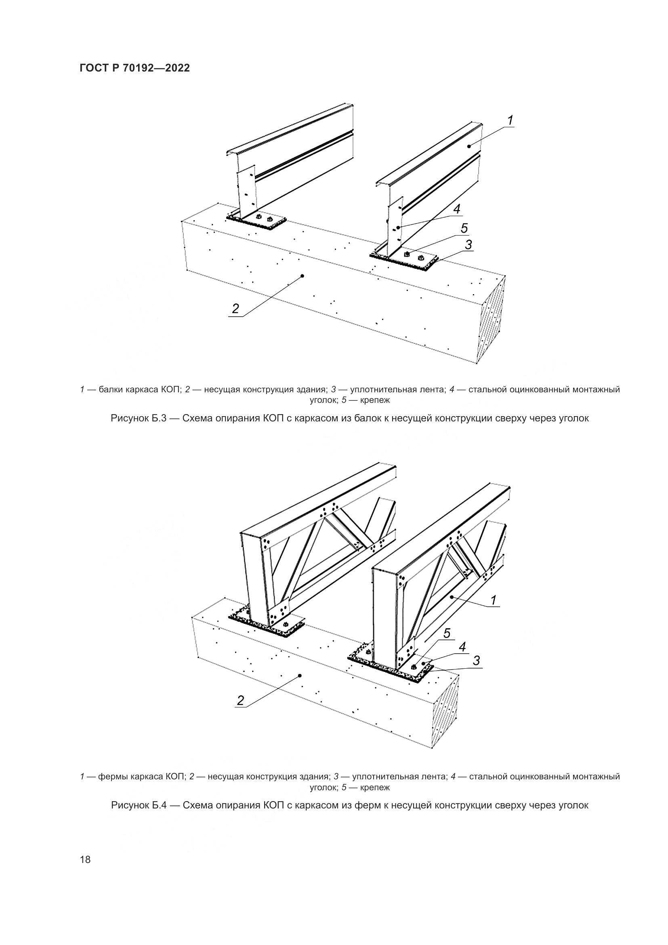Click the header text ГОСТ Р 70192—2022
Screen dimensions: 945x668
134,68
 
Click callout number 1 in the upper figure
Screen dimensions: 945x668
510,120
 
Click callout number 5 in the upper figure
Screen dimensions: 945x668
464,228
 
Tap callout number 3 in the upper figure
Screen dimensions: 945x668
468,244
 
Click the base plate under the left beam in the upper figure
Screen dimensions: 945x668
257,222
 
